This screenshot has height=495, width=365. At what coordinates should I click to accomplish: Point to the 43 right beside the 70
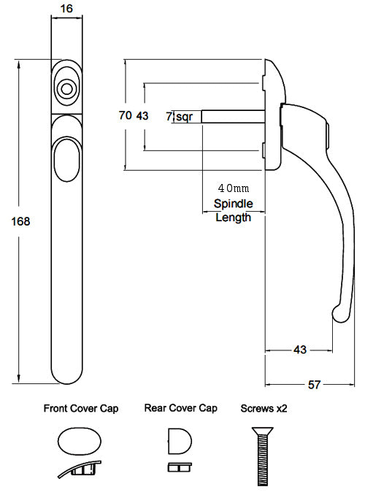click(142, 115)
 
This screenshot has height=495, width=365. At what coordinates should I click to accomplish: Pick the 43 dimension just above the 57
click(299, 350)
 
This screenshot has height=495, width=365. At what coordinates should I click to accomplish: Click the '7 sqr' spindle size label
click(179, 116)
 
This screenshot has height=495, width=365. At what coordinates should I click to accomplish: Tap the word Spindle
click(232, 204)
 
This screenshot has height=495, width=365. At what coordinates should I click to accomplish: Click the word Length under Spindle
click(233, 217)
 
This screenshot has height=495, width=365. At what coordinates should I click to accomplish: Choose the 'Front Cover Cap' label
click(81, 409)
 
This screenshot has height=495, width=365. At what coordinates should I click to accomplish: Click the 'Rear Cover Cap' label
click(181, 409)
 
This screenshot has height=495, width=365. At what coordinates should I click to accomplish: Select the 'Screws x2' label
click(264, 409)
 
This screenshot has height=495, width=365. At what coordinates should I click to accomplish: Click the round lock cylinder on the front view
click(66, 89)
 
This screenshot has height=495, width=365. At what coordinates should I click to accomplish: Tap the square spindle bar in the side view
click(231, 116)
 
